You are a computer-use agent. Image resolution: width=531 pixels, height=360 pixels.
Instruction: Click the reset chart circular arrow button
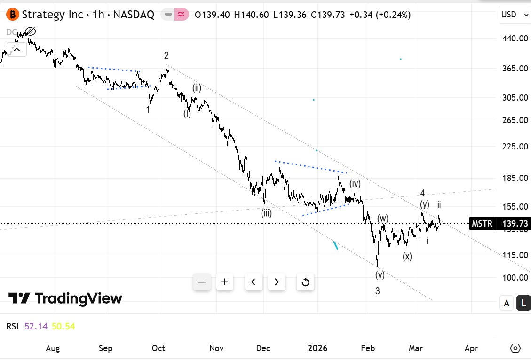point(305,282)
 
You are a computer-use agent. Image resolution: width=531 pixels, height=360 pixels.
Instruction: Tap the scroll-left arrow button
point(254,282)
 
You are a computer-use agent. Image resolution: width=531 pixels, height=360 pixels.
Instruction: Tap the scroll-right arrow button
point(277,282)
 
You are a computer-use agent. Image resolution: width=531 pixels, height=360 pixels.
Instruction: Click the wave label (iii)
point(267,213)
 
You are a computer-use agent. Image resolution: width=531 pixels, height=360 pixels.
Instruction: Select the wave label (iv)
point(355,184)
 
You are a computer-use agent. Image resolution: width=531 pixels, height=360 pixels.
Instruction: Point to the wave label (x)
point(407,257)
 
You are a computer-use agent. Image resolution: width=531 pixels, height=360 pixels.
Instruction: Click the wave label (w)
point(382,219)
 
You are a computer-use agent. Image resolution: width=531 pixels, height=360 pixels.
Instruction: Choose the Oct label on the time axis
point(159,348)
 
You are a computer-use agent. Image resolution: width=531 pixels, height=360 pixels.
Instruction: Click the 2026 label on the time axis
point(317,348)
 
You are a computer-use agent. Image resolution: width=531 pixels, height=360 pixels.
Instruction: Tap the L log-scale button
point(523,303)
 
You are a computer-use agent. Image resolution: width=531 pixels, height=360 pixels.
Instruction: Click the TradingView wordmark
point(65,298)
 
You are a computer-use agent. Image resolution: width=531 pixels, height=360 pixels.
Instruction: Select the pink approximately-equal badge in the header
point(181,15)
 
